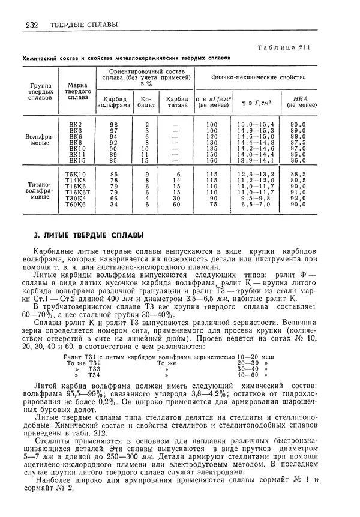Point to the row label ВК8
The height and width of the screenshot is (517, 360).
(x=76, y=142)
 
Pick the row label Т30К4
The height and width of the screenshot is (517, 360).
(x=76, y=198)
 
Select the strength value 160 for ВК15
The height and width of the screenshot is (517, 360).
(x=211, y=161)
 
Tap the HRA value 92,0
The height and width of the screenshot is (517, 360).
(x=298, y=198)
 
